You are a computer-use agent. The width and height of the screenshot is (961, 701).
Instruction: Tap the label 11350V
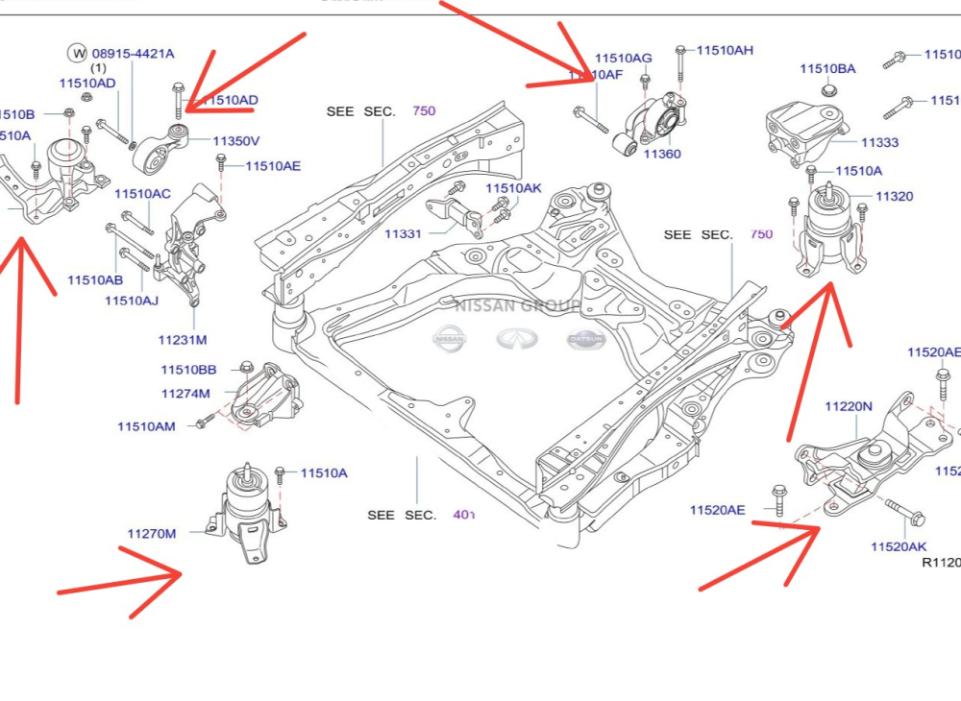[236, 141]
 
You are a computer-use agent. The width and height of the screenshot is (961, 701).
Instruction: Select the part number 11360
[662, 154]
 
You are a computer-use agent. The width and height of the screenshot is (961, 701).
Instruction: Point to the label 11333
[879, 142]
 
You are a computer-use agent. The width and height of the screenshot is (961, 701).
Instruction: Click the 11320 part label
[894, 196]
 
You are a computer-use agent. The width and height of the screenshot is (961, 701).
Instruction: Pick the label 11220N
[848, 406]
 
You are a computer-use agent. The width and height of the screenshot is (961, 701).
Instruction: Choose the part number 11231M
[183, 340]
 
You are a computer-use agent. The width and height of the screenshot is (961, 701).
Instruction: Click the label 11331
[403, 233]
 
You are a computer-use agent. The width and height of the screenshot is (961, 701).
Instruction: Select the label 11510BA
[827, 69]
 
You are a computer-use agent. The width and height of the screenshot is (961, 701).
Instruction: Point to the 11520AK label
[898, 546]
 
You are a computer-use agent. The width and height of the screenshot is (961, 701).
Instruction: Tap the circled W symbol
[77, 53]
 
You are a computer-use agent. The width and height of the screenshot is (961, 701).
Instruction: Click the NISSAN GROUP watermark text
[517, 306]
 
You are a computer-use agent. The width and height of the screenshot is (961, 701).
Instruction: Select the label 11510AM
[146, 426]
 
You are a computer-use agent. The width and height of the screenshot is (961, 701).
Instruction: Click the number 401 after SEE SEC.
[463, 515]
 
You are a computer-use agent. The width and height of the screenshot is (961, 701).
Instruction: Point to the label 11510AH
[725, 50]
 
